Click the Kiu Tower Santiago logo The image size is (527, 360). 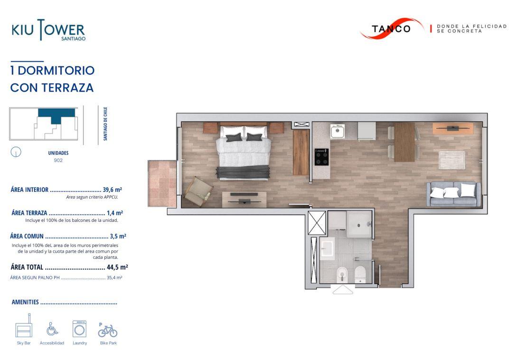[48, 30]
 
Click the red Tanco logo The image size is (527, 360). [392, 28]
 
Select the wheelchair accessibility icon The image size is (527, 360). [52, 329]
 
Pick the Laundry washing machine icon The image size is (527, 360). [80, 329]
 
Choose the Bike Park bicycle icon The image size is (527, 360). [108, 330]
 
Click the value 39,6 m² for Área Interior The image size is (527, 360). [112, 189]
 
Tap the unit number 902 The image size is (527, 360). [58, 161]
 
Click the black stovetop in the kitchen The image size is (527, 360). [321, 157]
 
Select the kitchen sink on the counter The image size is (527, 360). [338, 131]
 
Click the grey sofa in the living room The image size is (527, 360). [453, 194]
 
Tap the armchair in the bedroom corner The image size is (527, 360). [198, 191]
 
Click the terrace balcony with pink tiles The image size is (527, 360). [162, 183]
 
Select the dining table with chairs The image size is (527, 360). [404, 142]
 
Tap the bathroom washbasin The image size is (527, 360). [327, 249]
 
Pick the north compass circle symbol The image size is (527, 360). [16, 152]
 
